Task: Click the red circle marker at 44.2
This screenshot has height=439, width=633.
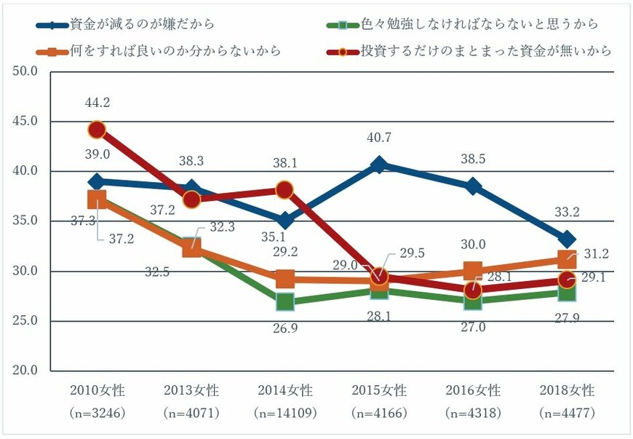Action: point(97,130)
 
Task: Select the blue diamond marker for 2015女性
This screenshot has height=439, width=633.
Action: point(379,165)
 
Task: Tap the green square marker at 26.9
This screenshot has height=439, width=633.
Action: point(285,301)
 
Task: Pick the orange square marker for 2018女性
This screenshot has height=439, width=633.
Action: point(568,258)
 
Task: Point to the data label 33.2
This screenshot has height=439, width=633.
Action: point(568,213)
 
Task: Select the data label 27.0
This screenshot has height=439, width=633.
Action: point(474,328)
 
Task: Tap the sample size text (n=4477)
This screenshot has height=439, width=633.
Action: point(568,413)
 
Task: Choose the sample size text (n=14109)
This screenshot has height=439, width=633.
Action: point(285,413)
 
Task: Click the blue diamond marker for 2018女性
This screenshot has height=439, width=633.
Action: point(568,240)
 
